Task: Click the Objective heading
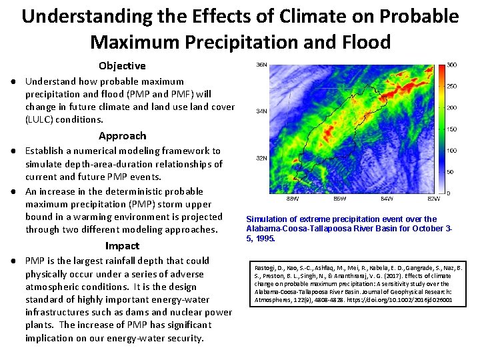pyautogui.click(x=122, y=65)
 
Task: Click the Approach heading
pyautogui.click(x=122, y=135)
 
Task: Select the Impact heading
pyautogui.click(x=122, y=245)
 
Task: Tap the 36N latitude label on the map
pyautogui.click(x=263, y=65)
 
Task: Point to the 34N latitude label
pyautogui.click(x=263, y=111)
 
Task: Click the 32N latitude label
pyautogui.click(x=263, y=159)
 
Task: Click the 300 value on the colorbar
pyautogui.click(x=451, y=65)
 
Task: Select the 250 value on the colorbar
pyautogui.click(x=451, y=86)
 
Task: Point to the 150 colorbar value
pyautogui.click(x=451, y=129)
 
